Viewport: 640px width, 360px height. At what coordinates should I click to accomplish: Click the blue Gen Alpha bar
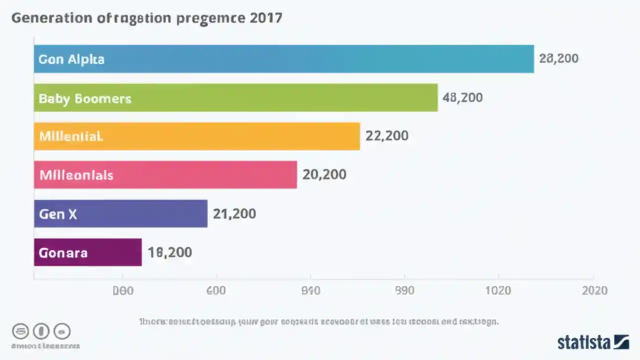(284, 59)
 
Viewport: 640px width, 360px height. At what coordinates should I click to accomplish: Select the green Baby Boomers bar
(236, 97)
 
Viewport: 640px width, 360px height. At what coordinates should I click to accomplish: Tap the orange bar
(197, 136)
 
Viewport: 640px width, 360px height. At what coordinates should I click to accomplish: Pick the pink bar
(165, 174)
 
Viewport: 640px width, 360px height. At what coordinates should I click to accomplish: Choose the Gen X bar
(120, 213)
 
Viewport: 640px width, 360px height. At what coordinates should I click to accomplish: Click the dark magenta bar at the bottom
(88, 252)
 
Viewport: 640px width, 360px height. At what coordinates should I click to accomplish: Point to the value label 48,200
(462, 97)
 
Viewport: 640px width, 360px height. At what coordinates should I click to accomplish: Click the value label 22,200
(386, 136)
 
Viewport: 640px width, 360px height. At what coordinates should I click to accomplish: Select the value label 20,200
(324, 174)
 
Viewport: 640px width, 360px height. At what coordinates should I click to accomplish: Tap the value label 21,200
(234, 214)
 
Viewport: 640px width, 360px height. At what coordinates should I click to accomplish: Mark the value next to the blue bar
(558, 59)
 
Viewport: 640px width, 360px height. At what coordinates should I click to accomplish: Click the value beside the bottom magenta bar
(169, 252)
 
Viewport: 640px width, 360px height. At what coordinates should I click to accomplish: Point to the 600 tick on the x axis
(216, 291)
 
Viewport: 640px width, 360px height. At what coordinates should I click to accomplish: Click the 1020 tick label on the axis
(498, 291)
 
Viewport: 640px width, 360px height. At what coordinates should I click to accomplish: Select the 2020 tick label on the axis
(594, 291)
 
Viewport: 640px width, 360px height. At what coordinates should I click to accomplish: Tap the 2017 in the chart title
(265, 18)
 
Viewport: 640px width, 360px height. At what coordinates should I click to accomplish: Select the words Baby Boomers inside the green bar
(85, 98)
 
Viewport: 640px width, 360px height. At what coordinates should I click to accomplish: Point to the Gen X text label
(58, 214)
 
